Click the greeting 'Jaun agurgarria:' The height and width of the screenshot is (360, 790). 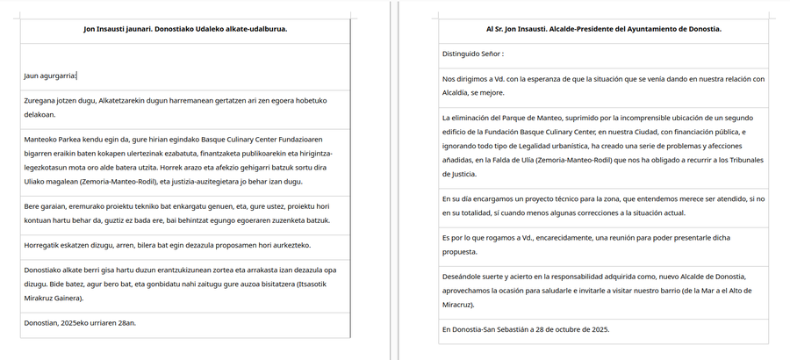click(x=50, y=76)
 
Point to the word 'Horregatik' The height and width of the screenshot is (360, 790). click(x=45, y=245)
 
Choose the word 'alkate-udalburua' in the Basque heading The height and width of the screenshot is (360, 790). click(x=255, y=29)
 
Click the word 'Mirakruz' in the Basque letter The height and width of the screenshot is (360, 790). click(x=40, y=299)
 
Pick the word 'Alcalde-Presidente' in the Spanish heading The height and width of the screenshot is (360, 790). click(x=572, y=29)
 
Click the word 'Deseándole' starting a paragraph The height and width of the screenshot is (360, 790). click(x=465, y=275)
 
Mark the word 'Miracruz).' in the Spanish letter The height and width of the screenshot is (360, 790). click(x=457, y=304)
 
